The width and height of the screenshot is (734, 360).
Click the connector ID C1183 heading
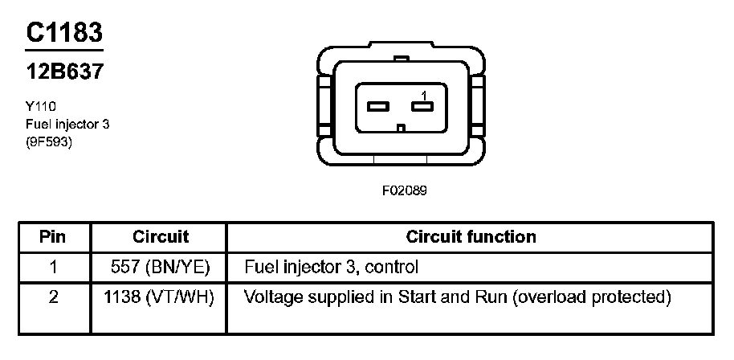coord(64,33)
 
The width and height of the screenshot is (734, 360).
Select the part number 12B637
coord(64,72)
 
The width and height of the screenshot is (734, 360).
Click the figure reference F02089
coord(404,192)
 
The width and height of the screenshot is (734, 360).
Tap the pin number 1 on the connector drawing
coord(423,95)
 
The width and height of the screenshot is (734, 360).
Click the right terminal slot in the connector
coord(422,106)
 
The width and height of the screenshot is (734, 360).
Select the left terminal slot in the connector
coord(377,106)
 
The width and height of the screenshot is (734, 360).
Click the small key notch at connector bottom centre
coord(401,126)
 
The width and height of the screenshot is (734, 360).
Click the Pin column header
coord(53,237)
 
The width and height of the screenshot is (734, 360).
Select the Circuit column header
coord(160,237)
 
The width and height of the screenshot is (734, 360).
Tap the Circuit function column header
coord(471,237)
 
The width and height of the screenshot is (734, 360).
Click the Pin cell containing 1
coord(53,266)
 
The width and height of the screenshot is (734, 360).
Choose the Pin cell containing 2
coord(53,297)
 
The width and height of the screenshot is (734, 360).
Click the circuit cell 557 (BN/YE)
coord(160,266)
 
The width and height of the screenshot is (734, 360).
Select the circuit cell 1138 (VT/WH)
coord(160,297)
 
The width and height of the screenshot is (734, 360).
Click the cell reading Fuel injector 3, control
coord(331,266)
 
